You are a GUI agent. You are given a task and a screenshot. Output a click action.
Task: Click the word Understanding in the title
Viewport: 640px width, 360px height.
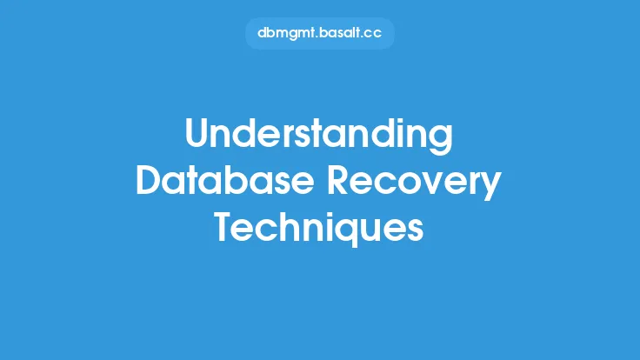click(x=319, y=137)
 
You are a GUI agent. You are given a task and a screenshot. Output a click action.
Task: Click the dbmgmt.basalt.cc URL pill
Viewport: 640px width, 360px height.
click(x=319, y=34)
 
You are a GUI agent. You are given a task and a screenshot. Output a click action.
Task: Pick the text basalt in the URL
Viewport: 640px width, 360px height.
click(x=330, y=34)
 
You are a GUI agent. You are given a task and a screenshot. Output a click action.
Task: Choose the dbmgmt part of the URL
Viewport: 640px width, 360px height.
click(x=281, y=34)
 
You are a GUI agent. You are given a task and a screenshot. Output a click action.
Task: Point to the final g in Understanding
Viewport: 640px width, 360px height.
click(x=441, y=142)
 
